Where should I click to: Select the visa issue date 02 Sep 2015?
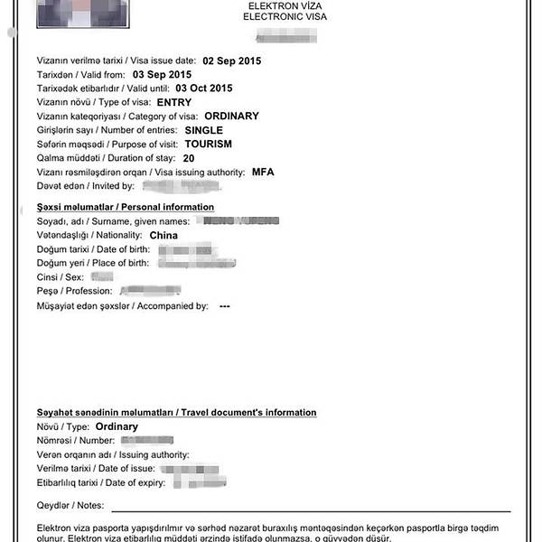tap(233, 60)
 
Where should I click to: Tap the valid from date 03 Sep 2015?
tap(163, 74)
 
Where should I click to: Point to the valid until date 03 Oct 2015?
tap(203, 89)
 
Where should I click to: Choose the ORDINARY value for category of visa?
tap(232, 116)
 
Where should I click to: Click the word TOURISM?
tap(209, 144)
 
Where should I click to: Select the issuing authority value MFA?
tap(263, 172)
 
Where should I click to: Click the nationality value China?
tap(164, 235)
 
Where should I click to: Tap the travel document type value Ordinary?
tap(117, 426)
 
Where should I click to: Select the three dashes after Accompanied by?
tap(225, 306)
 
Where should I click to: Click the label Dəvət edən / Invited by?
tap(86, 186)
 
